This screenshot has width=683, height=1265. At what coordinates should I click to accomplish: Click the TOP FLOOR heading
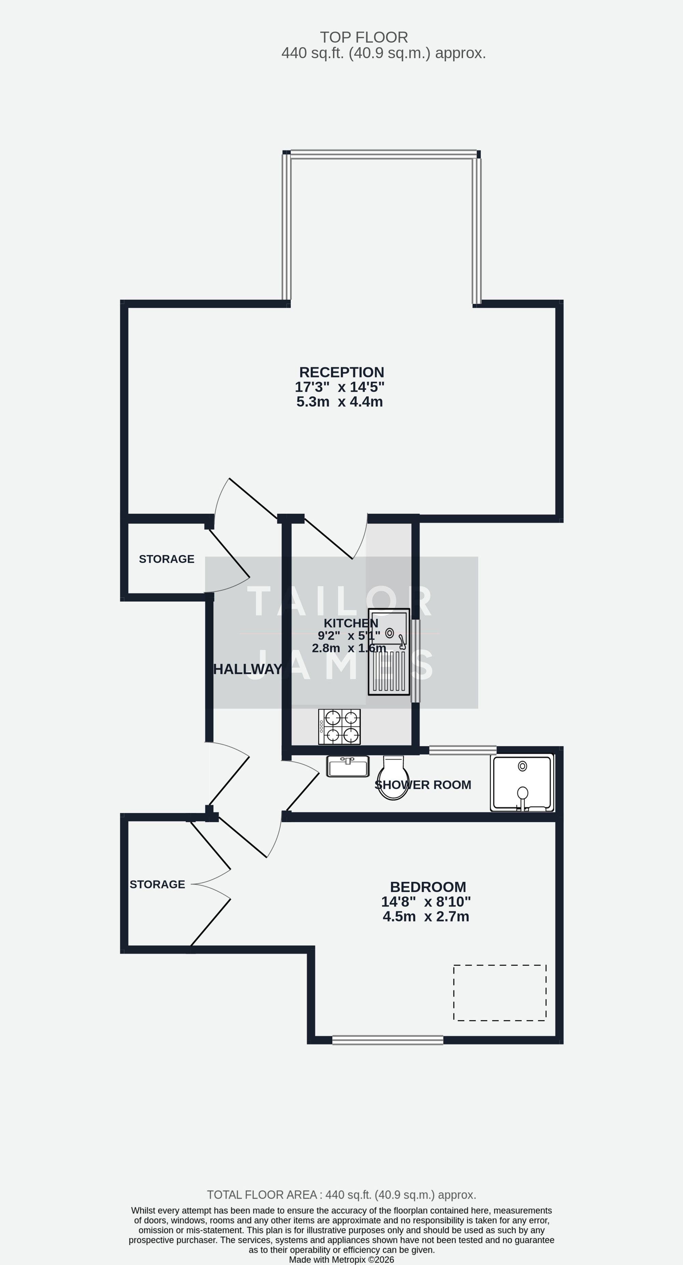click(x=364, y=37)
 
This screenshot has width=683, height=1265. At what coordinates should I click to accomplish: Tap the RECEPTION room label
click(x=341, y=372)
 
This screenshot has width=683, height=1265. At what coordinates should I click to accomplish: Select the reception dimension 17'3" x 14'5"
click(x=339, y=387)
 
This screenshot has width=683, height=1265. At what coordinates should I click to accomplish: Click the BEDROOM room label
click(x=428, y=887)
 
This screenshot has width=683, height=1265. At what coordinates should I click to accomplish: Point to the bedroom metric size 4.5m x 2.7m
click(x=426, y=916)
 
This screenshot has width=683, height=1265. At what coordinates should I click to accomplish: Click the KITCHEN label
click(x=351, y=623)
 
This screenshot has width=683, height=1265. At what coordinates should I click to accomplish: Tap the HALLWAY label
click(x=248, y=669)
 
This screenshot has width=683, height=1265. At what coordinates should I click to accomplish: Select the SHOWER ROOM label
click(x=423, y=785)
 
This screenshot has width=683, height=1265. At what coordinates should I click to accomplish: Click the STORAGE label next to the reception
click(x=166, y=559)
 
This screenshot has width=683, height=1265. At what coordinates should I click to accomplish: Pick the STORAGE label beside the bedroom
click(x=157, y=884)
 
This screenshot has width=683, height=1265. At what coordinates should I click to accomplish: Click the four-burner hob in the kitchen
click(x=339, y=727)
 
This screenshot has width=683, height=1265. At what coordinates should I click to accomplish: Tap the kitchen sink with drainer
click(x=389, y=652)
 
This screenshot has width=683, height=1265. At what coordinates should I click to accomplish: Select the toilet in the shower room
click(x=393, y=777)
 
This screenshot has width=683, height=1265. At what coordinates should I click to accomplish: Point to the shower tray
click(x=522, y=783)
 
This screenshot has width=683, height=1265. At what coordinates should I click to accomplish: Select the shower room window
click(x=463, y=750)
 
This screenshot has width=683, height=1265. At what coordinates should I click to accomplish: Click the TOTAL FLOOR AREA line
click(x=341, y=1195)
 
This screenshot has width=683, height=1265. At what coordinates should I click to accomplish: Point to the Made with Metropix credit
click(x=341, y=1260)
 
